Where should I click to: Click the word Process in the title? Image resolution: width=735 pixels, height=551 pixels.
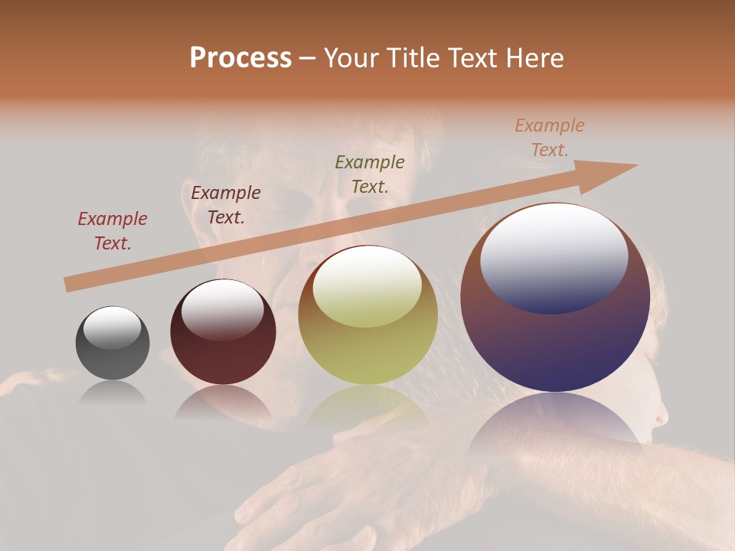(240, 58)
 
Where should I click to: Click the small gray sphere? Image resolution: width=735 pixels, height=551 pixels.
(113, 344)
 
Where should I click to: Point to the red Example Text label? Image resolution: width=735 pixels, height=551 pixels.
(113, 231)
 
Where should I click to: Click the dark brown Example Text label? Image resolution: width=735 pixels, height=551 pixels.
(226, 205)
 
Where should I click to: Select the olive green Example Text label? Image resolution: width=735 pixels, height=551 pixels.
(370, 174)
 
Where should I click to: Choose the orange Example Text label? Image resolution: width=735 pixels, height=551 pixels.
(549, 138)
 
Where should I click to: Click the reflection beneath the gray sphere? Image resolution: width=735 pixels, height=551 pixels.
(113, 392)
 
